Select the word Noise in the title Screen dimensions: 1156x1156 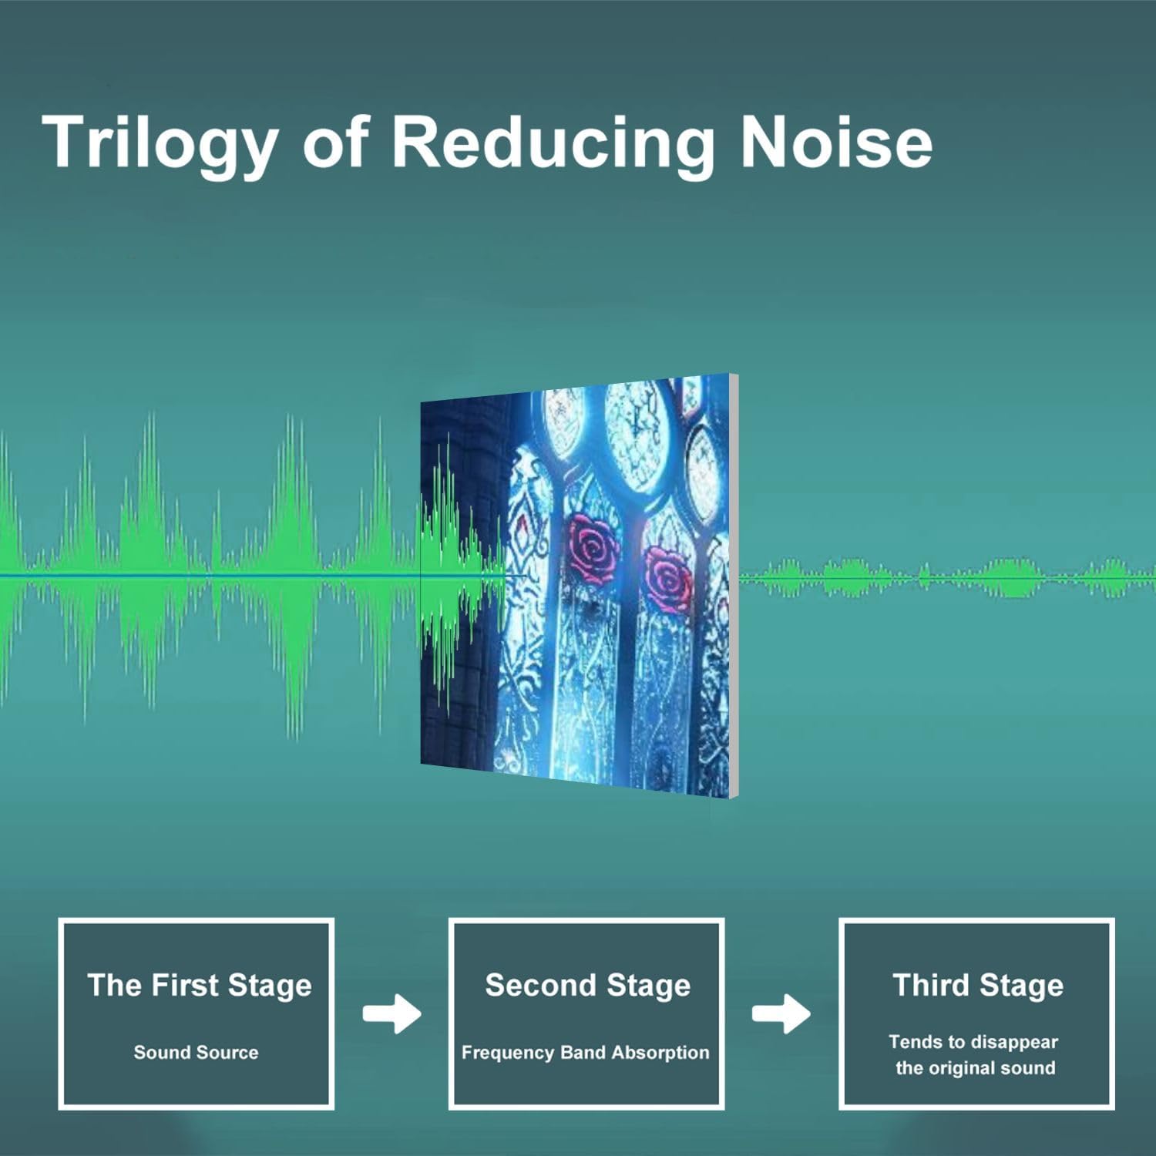tap(836, 142)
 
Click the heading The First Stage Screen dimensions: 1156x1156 tap(200, 986)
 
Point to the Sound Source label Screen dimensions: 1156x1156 tap(196, 1052)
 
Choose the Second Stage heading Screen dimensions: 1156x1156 tap(587, 986)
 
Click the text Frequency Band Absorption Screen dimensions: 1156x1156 tap(585, 1053)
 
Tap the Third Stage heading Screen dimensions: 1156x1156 tap(978, 986)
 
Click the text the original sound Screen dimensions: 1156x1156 tap(975, 1068)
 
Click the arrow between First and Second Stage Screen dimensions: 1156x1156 tap(392, 1013)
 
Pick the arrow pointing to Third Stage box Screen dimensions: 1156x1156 tap(781, 1013)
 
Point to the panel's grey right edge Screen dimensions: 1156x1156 tap(734, 586)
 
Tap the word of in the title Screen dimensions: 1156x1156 tap(335, 143)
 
